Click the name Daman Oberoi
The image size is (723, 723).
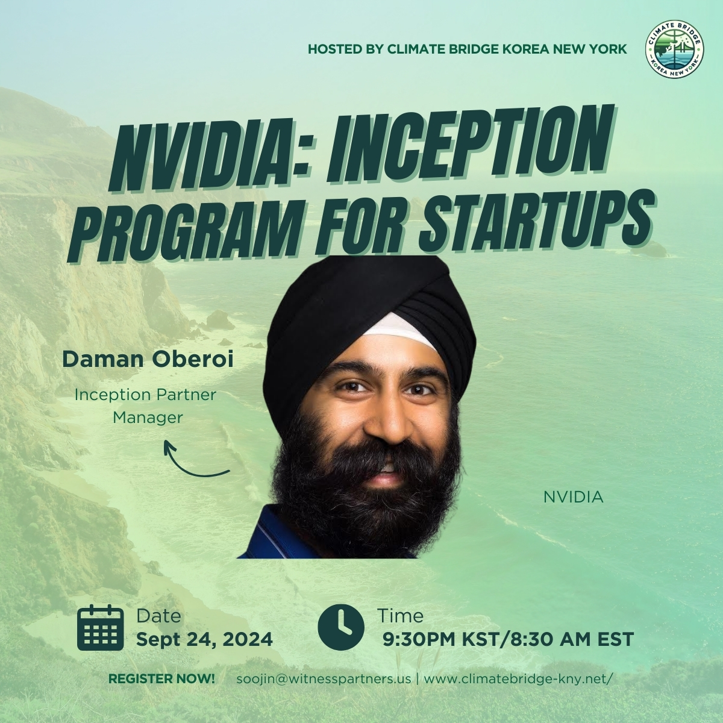tap(148, 360)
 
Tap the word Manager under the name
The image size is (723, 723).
tap(148, 418)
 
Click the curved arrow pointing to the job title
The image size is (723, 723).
tap(195, 461)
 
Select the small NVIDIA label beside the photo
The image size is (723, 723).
tap(573, 497)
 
